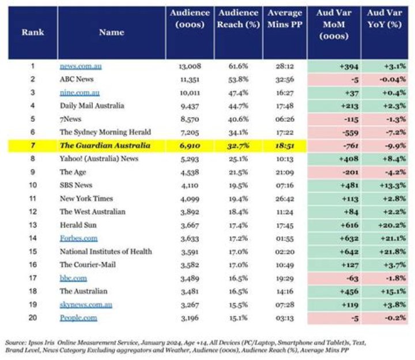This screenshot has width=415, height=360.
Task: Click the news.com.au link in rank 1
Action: pos(81,66)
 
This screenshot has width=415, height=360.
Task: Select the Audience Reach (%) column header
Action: pos(238,18)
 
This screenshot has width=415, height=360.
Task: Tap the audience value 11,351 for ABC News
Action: pos(190,80)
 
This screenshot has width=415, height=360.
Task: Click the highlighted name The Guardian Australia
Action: pos(105,145)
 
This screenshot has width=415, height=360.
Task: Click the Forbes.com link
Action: pos(78,238)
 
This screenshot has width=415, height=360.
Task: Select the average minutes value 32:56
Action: pos(285,80)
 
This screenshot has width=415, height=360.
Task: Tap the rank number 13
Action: pos(33,225)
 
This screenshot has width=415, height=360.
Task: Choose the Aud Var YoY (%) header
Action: pos(384,18)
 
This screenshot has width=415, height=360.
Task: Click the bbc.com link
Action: pos(73,278)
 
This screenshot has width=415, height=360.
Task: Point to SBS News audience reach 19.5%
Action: pos(238,185)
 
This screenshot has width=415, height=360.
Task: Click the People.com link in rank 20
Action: pos(78,318)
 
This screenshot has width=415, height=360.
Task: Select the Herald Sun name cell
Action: pos(78,225)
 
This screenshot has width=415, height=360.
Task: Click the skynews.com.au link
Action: pos(86,305)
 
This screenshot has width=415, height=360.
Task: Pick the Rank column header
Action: pos(33,32)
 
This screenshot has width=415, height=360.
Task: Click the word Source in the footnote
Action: pos(15,343)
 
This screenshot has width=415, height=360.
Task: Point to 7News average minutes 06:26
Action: pos(285,119)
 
